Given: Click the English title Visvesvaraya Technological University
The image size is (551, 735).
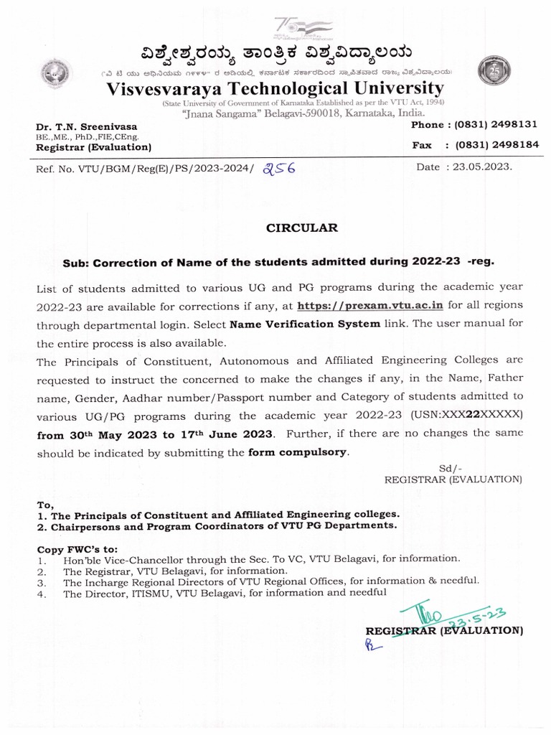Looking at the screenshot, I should click(275, 88).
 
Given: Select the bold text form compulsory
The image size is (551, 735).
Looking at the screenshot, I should click(297, 452).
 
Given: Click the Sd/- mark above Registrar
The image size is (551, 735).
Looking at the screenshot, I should click(448, 467).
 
